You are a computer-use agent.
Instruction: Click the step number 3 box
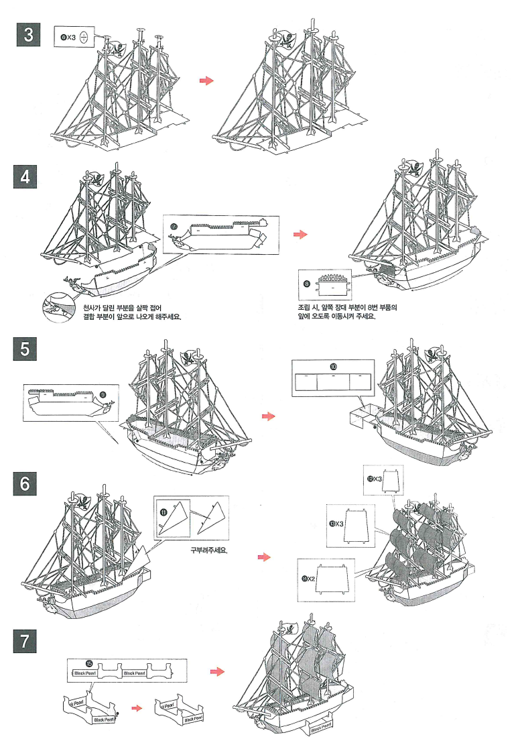click(29, 36)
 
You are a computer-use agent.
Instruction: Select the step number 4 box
click(29, 178)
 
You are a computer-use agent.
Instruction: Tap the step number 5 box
click(29, 349)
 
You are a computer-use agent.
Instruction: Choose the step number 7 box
click(29, 640)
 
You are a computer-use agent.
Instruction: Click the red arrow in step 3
click(206, 80)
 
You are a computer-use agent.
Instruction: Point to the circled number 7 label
click(174, 227)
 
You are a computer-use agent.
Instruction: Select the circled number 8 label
click(307, 284)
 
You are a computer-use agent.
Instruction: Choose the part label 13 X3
click(335, 523)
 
